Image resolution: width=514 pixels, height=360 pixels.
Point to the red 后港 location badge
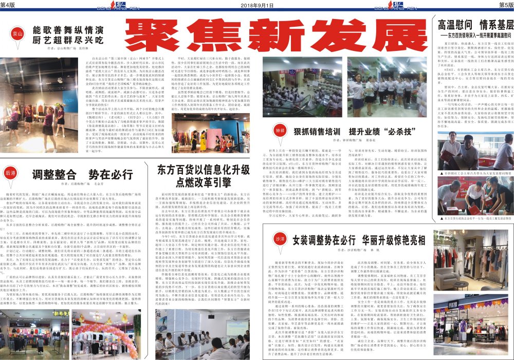[x=11, y=174]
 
